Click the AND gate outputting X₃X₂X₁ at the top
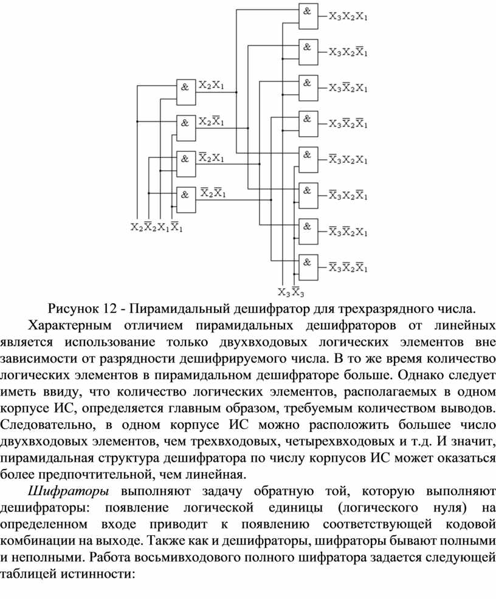(308, 16)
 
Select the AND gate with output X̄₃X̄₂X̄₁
(308, 267)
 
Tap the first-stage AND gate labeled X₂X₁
(186, 92)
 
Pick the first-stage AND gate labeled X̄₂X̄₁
(186, 200)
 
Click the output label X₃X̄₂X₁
(348, 88)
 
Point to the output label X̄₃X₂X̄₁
(348, 195)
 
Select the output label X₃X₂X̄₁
(348, 52)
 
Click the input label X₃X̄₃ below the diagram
(291, 292)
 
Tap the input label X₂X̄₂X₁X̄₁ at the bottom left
(157, 227)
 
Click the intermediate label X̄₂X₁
(212, 157)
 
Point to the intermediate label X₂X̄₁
(212, 122)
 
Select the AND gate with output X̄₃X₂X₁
(308, 160)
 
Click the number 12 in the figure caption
(109, 309)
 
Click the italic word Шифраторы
(69, 491)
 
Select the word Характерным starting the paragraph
(70, 326)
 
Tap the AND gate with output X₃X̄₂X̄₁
(308, 124)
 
